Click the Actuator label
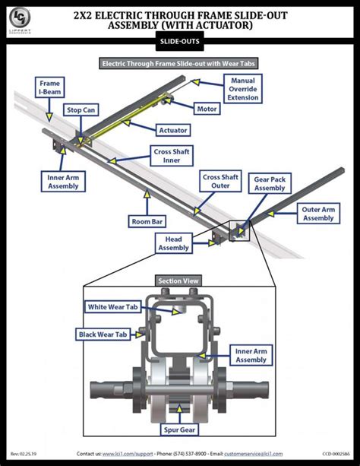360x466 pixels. coord(173,130)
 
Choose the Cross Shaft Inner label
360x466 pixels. coord(171,155)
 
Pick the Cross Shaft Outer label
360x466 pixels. coord(220,181)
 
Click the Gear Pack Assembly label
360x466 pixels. coord(270,183)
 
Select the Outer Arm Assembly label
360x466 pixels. coord(318,213)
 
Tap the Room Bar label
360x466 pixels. coord(147,222)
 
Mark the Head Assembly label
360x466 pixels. coord(173,243)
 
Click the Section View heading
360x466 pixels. coord(180,281)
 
